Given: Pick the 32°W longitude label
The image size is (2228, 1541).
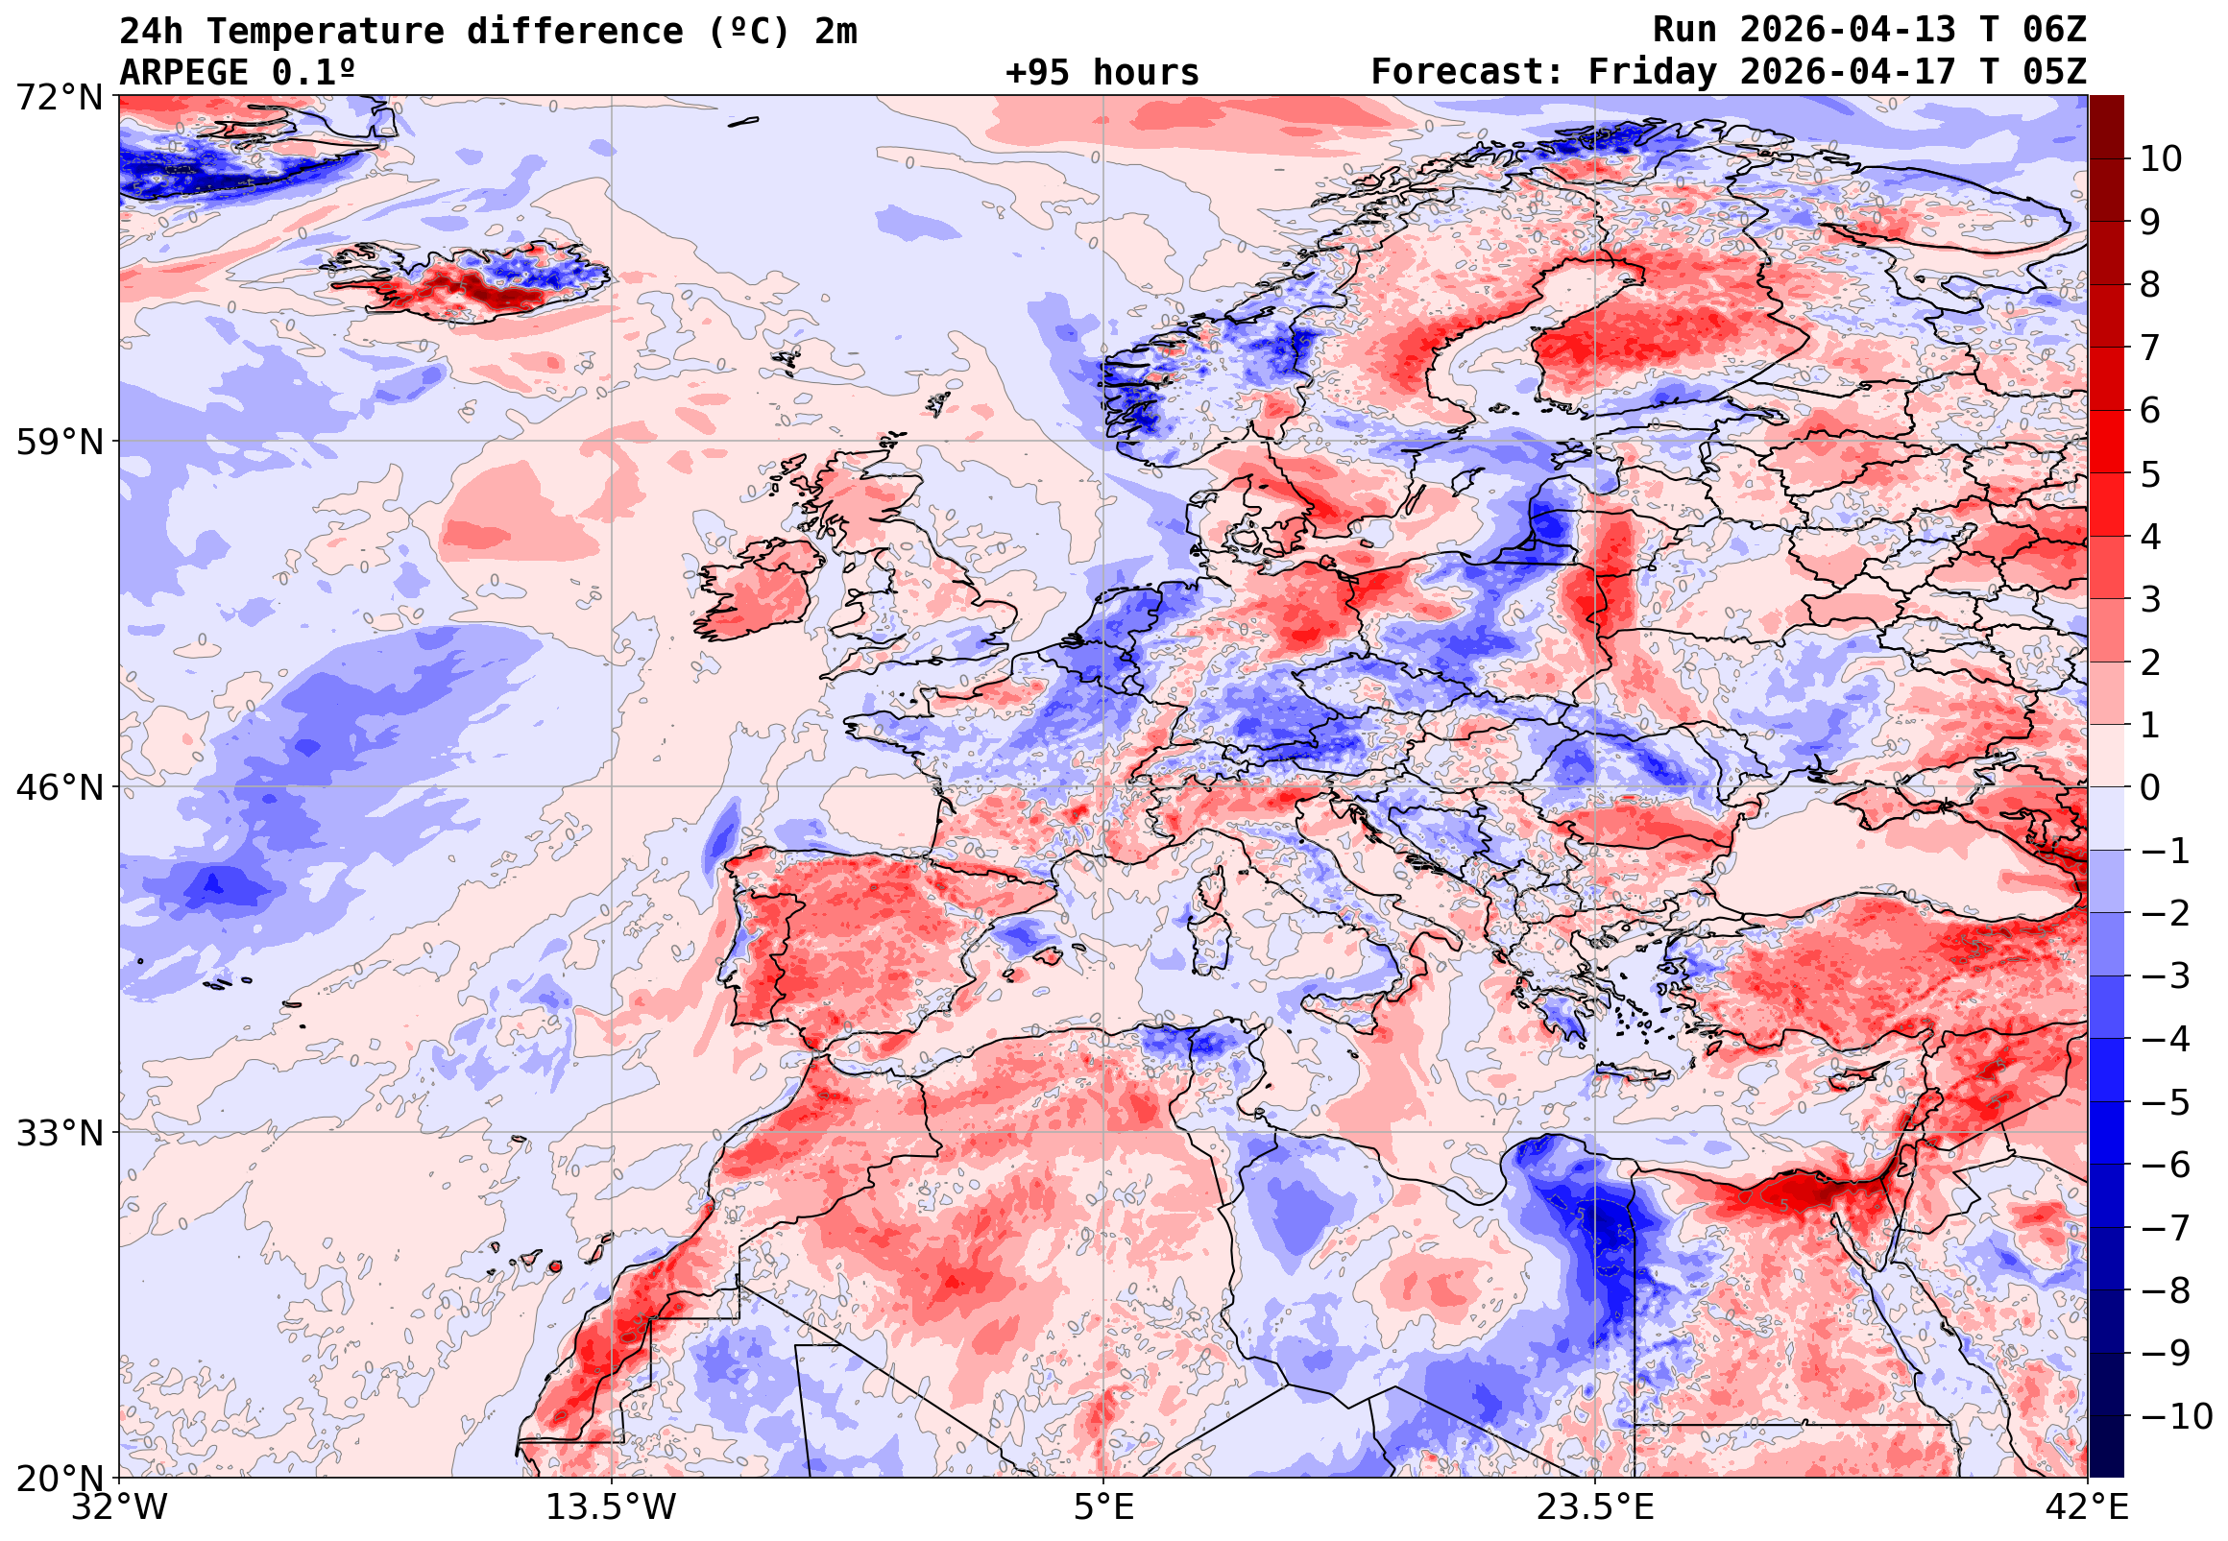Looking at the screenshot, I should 120,1506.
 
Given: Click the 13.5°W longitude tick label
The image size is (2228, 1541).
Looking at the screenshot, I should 612,1506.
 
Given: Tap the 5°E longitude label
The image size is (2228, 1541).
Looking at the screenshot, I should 1103,1506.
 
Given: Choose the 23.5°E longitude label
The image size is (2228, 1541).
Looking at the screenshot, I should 1595,1506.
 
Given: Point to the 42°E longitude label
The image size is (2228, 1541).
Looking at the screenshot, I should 2087,1506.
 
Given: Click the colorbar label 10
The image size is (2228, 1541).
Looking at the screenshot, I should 2162,159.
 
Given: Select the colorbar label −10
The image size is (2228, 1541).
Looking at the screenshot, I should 2177,1416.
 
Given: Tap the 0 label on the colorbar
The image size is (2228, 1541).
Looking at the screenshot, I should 2151,788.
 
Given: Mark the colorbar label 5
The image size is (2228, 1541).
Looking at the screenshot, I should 2151,474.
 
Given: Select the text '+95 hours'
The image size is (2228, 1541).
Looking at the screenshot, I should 1102,72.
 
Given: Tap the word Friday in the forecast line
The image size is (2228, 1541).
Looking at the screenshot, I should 1653,72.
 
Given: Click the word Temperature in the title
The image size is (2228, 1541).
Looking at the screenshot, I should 325,32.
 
